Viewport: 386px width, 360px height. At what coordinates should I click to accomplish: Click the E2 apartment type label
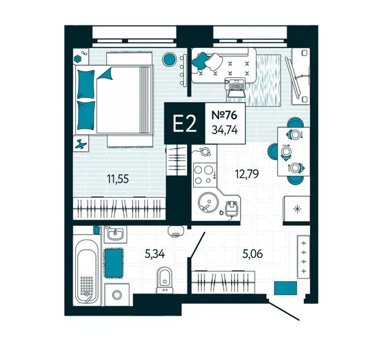(184, 124)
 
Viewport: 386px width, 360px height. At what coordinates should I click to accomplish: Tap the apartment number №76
(224, 115)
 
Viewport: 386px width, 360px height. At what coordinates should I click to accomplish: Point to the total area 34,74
(224, 130)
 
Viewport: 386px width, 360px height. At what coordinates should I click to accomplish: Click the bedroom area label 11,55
(118, 179)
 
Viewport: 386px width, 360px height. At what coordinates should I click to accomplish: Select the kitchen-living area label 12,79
(247, 174)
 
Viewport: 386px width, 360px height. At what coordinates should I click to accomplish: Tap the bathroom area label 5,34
(155, 254)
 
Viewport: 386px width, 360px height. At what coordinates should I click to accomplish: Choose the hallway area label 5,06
(253, 254)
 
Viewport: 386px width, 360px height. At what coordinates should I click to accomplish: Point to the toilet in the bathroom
(164, 281)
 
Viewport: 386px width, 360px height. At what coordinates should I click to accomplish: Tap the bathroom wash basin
(116, 234)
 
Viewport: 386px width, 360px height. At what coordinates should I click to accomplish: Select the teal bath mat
(114, 263)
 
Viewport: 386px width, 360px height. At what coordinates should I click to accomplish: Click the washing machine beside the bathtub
(117, 294)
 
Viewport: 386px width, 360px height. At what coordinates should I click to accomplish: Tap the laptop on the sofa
(235, 88)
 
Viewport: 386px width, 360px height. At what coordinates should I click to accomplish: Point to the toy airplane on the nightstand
(81, 144)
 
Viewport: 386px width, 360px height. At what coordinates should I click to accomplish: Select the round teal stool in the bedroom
(169, 60)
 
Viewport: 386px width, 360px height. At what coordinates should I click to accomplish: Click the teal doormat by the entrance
(285, 287)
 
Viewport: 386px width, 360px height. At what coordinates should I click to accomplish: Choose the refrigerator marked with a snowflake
(296, 209)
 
